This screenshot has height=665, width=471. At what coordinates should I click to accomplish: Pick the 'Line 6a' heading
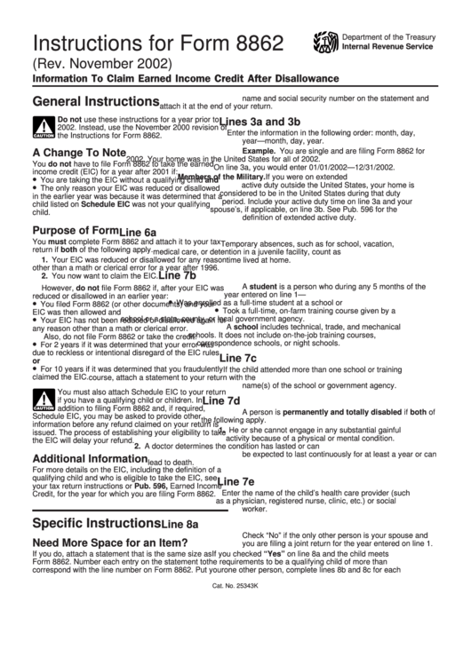(x=138, y=233)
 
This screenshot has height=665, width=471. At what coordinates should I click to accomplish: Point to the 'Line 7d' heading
(x=221, y=400)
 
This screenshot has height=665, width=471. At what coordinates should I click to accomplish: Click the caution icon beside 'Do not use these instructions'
(x=44, y=128)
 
